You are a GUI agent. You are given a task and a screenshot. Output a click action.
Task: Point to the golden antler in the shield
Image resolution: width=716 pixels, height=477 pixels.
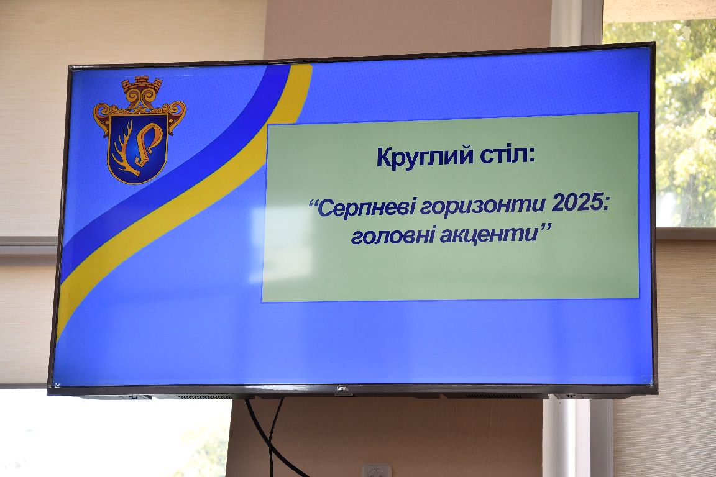click(125, 149)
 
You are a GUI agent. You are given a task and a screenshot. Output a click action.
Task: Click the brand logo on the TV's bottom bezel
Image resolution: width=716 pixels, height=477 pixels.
click(341, 389)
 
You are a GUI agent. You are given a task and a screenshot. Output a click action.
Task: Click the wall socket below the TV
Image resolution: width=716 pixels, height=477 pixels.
click(377, 470)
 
